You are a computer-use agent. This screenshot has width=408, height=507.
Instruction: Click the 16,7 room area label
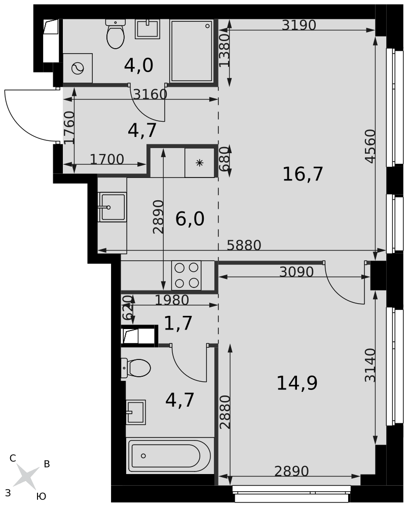tap(303, 174)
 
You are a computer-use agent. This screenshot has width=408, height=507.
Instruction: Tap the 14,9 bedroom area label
tap(297, 383)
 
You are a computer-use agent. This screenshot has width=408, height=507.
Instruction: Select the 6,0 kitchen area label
tap(190, 219)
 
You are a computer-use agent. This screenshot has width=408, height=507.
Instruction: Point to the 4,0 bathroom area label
tap(138, 65)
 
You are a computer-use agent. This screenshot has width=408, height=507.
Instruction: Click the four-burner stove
tap(187, 275)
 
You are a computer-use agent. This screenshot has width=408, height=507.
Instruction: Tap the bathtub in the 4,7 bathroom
tap(170, 456)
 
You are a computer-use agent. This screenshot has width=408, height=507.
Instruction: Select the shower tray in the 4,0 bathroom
tap(192, 51)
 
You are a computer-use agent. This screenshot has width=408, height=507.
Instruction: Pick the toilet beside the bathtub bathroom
tap(136, 368)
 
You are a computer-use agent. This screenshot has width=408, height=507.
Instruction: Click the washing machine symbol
tap(78, 68)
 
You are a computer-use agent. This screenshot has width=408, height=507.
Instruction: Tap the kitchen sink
tap(112, 207)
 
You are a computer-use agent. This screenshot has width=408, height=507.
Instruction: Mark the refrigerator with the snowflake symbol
tap(200, 163)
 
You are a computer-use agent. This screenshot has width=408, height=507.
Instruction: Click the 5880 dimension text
tap(244, 245)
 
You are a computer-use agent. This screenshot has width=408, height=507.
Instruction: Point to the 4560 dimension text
tap(370, 146)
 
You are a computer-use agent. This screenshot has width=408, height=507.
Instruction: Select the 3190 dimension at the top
tap(299, 25)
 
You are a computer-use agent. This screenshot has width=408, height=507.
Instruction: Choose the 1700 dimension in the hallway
tap(107, 159)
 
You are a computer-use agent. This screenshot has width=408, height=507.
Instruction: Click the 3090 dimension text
tap(296, 272)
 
